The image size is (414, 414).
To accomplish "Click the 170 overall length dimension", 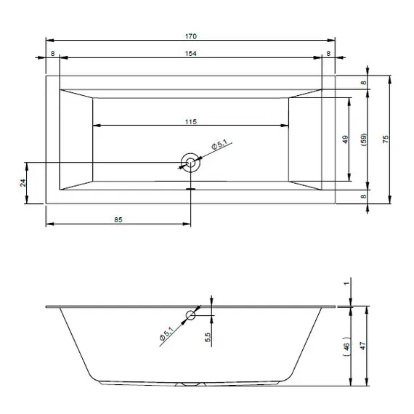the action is click(190, 36).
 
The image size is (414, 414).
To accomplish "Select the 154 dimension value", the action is click(190, 54).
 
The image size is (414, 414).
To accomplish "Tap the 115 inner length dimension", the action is click(190, 122).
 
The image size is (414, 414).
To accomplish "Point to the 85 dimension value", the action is click(118, 219).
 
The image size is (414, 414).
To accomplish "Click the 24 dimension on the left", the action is click(23, 183).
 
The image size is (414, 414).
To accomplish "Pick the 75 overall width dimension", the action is click(386, 139).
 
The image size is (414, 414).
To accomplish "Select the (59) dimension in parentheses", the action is click(364, 139).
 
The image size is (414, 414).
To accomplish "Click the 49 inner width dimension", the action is click(345, 139).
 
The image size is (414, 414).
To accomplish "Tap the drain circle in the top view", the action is click(190, 163).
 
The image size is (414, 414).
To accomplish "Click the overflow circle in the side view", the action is click(190, 315).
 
